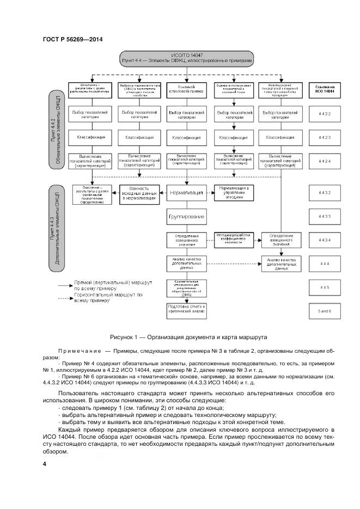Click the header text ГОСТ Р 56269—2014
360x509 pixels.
click(72, 39)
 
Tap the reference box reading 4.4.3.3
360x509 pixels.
click(325, 217)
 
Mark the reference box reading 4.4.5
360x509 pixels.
click(325, 286)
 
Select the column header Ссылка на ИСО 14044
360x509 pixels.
click(325, 89)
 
